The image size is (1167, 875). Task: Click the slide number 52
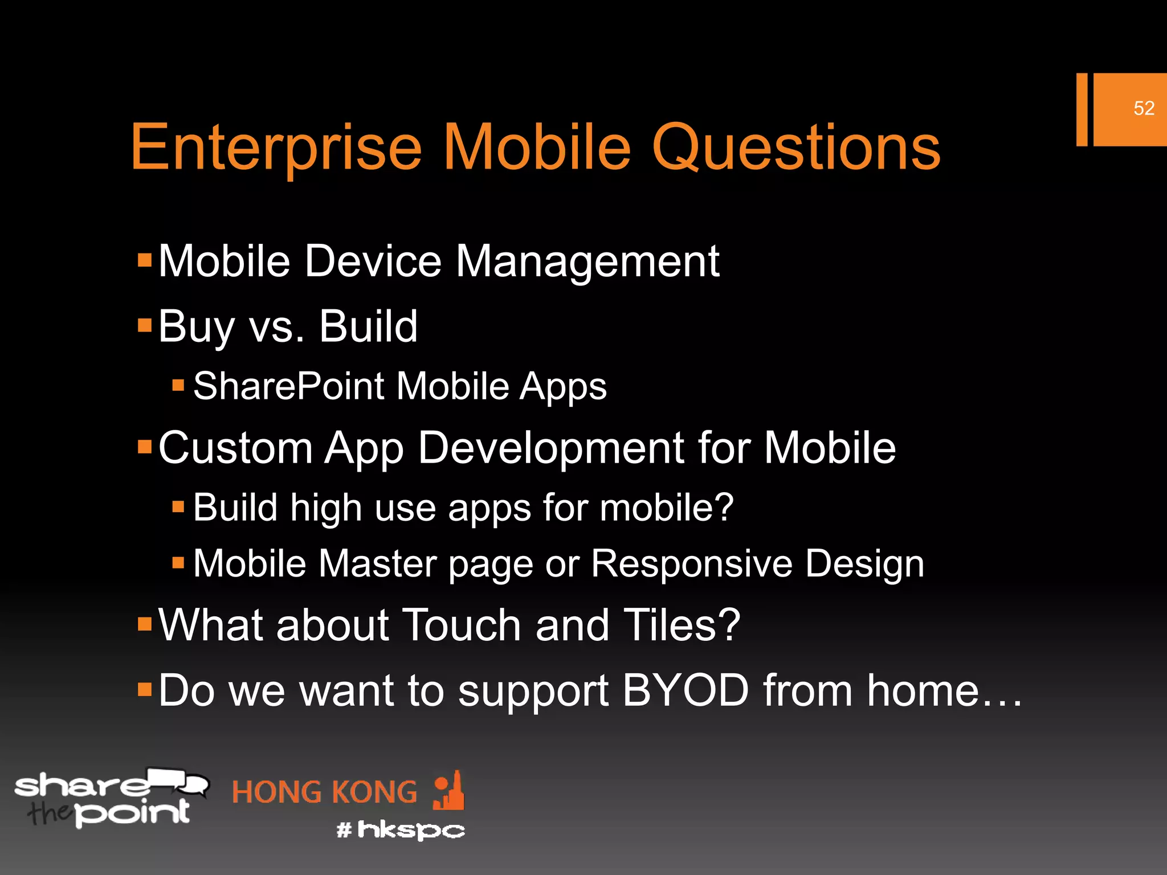click(x=1144, y=108)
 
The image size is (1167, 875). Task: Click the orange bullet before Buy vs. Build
click(x=145, y=326)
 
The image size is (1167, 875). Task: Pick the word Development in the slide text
click(x=550, y=448)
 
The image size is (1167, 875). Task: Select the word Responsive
click(x=691, y=564)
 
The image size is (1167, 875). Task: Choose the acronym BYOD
click(x=685, y=690)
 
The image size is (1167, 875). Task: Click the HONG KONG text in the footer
click(x=325, y=792)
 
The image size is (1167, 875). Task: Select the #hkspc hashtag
click(x=401, y=830)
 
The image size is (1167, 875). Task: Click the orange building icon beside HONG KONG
click(x=449, y=791)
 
